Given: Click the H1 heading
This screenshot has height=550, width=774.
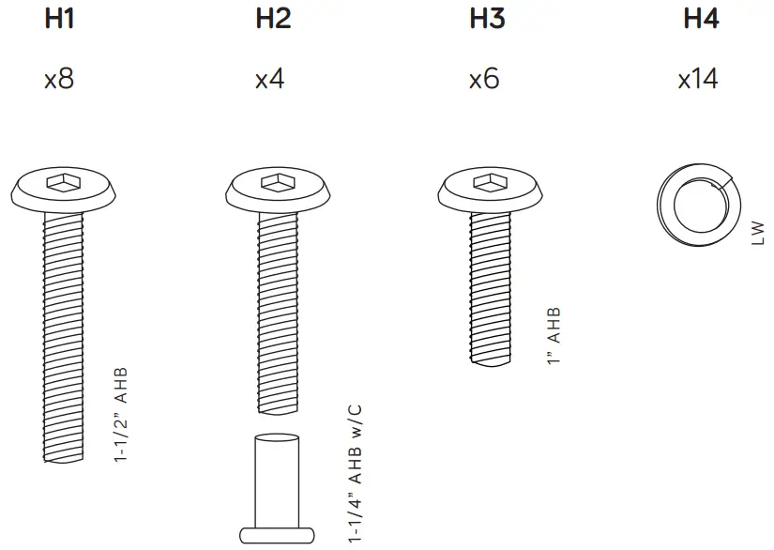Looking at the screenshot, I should pyautogui.click(x=59, y=19).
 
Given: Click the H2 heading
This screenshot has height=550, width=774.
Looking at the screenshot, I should pyautogui.click(x=272, y=19).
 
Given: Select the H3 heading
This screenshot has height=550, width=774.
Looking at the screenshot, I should pyautogui.click(x=486, y=19).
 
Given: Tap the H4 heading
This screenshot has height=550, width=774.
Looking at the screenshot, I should pyautogui.click(x=700, y=19).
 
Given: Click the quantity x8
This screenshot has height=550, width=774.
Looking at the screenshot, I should pyautogui.click(x=58, y=79).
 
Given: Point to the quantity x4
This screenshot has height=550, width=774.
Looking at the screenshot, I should pyautogui.click(x=270, y=79).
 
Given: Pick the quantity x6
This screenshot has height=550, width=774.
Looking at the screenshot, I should pyautogui.click(x=484, y=79).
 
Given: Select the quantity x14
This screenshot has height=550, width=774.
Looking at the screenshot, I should pyautogui.click(x=698, y=79).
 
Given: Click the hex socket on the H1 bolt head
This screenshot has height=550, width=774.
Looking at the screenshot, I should pyautogui.click(x=64, y=184).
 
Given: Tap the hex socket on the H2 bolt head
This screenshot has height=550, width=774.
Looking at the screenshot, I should pyautogui.click(x=278, y=184).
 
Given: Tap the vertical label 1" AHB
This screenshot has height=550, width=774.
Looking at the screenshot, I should pyautogui.click(x=554, y=336).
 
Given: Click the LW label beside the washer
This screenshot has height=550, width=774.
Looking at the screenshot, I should pyautogui.click(x=758, y=233).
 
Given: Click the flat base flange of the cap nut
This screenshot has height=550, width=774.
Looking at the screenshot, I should pyautogui.click(x=276, y=535).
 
